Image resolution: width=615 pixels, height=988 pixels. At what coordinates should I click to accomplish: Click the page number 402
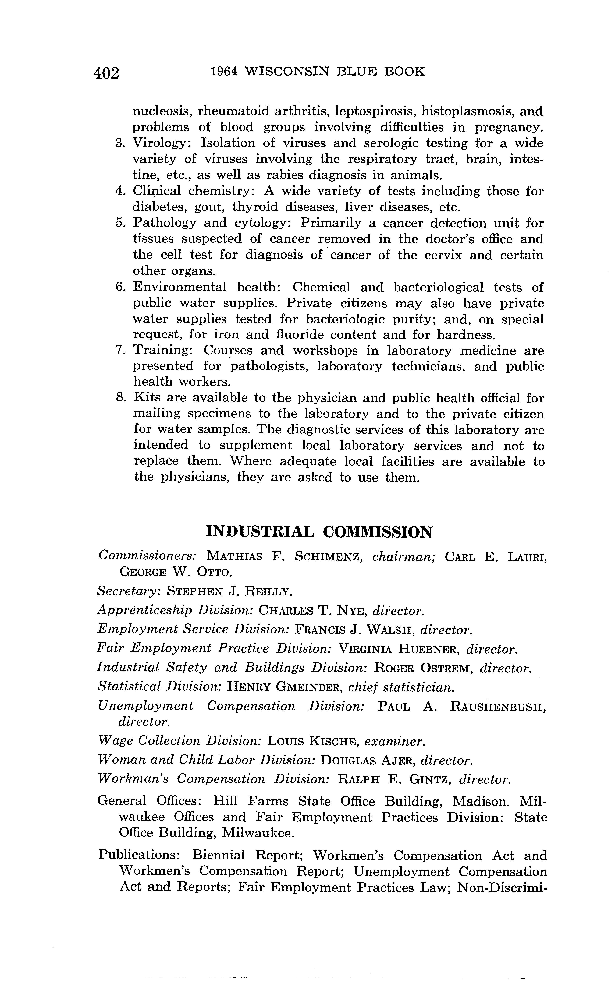pyautogui.click(x=107, y=73)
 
